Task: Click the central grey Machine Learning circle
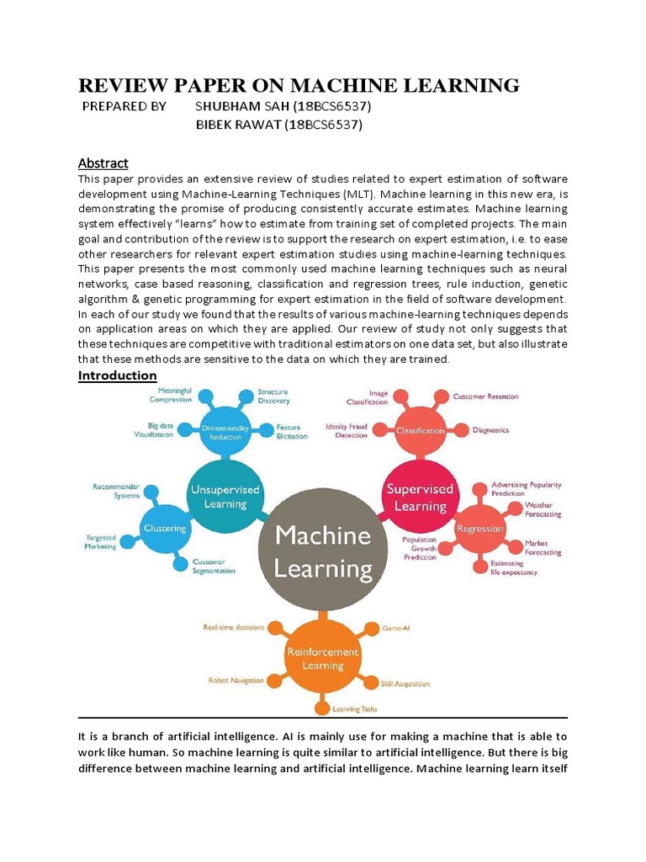323,551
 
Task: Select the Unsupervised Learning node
225,496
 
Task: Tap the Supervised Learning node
419,497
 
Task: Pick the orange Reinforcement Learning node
322,658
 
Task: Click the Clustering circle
164,528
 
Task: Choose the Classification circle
420,430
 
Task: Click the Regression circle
479,528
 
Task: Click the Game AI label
396,627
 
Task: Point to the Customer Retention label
485,396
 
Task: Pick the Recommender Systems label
116,491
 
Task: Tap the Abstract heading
103,162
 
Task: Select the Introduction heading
118,375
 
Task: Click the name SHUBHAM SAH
238,107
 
